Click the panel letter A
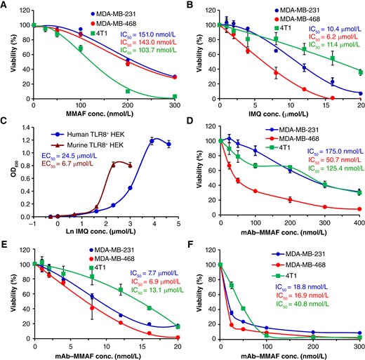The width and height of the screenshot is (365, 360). click(5, 6)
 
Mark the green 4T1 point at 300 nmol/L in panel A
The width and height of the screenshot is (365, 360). click(173, 96)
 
